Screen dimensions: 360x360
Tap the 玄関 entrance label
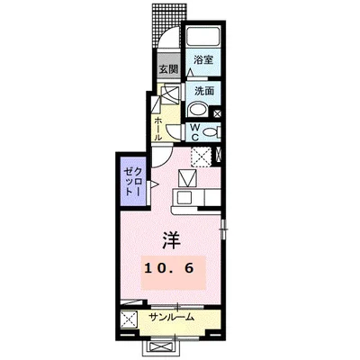(x=168, y=69)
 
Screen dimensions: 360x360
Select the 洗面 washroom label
(x=202, y=91)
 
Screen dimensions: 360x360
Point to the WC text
(x=193, y=130)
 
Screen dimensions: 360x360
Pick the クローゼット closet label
(x=131, y=179)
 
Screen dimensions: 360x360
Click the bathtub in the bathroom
(x=202, y=38)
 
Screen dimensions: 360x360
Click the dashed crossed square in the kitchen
(x=202, y=159)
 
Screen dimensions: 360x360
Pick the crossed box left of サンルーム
(x=131, y=319)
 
